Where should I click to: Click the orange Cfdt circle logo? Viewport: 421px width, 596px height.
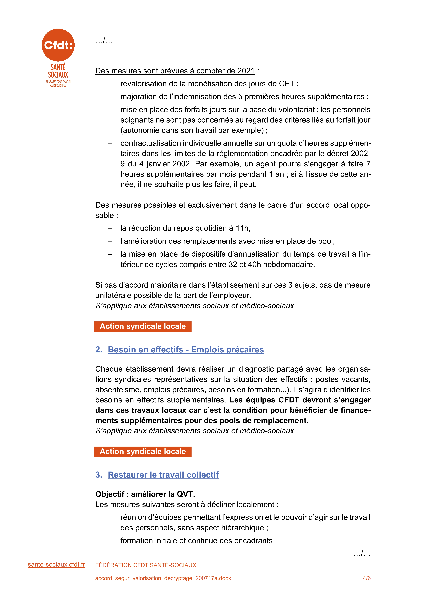point(58,45)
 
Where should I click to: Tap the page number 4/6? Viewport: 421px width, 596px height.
point(366,578)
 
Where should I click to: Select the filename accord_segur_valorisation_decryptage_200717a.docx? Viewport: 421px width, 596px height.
point(163,578)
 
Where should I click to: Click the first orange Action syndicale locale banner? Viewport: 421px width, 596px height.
point(143,326)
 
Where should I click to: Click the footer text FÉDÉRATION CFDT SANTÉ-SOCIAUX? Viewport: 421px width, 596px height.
point(146,565)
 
